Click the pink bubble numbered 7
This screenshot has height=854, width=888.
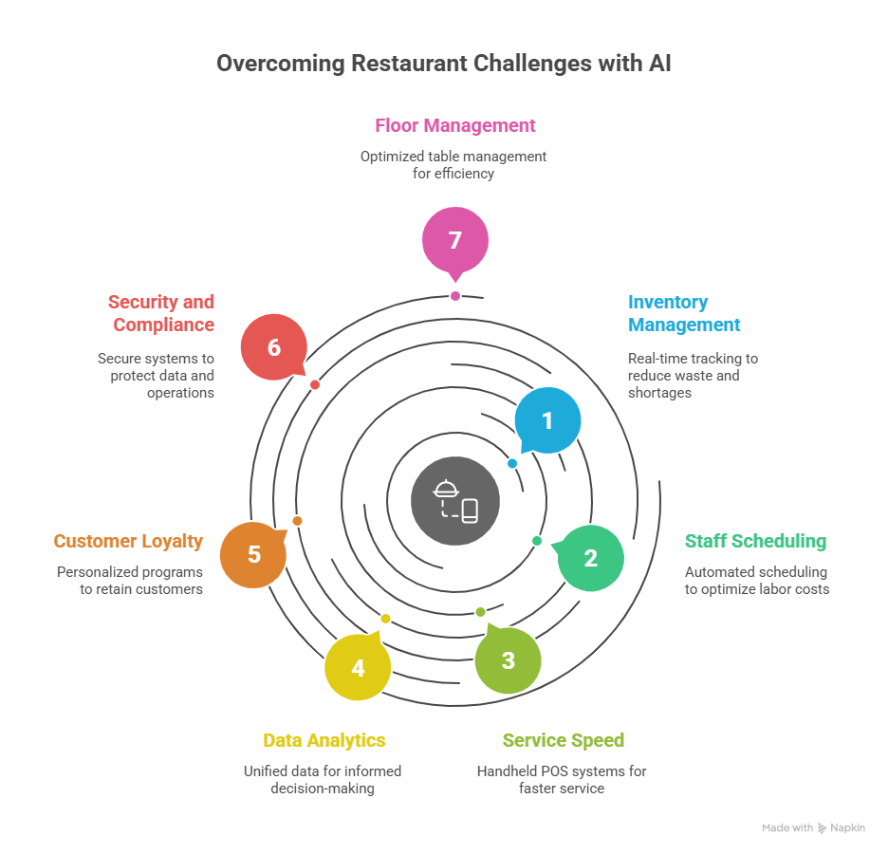[455, 240]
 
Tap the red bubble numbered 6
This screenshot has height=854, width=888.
[274, 346]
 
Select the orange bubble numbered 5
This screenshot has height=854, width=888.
[253, 555]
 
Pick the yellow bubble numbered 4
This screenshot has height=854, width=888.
[358, 668]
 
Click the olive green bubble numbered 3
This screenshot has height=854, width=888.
[508, 660]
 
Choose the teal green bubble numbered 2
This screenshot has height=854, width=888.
[590, 558]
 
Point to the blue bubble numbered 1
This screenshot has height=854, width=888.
[547, 419]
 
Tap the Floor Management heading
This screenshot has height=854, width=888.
[455, 125]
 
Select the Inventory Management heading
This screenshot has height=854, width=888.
[683, 313]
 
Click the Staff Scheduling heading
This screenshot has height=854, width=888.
[755, 541]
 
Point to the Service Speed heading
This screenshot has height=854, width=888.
[564, 740]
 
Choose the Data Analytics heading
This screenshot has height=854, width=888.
[324, 740]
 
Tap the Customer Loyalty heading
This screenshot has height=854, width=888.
[128, 541]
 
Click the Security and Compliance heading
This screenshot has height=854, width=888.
[161, 313]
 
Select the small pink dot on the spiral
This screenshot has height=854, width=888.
[455, 296]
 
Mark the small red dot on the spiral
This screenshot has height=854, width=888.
[315, 384]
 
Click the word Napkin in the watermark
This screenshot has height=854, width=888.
[848, 827]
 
